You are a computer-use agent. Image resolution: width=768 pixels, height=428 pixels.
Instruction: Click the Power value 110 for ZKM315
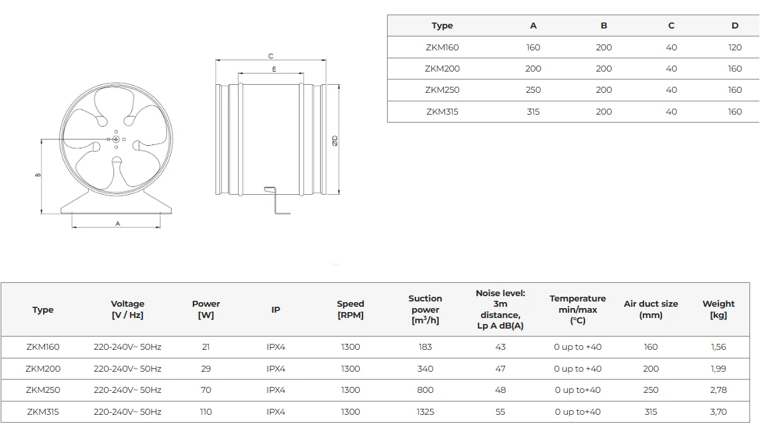(205, 412)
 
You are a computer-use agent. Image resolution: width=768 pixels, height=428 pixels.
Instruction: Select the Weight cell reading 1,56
(718, 347)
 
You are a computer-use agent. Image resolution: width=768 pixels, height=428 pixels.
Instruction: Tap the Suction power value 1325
(425, 412)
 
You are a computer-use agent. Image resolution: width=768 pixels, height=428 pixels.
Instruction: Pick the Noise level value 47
(500, 369)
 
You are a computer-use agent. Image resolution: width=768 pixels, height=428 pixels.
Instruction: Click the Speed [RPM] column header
(350, 309)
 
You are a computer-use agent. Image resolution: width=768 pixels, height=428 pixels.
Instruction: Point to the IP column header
(276, 309)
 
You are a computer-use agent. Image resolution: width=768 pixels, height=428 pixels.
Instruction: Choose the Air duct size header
(651, 309)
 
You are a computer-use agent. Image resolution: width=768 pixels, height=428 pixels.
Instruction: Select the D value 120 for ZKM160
(735, 48)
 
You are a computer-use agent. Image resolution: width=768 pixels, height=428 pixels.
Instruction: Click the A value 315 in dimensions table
(533, 112)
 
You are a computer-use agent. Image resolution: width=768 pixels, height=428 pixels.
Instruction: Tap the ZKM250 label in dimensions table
(442, 90)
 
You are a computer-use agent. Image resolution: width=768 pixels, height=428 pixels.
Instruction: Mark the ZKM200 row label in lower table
(42, 369)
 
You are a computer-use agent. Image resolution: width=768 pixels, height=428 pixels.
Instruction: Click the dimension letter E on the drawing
(274, 70)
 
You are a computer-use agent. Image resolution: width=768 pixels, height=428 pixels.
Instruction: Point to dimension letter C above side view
(271, 56)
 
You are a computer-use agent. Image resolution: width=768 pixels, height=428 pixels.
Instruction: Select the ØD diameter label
(335, 140)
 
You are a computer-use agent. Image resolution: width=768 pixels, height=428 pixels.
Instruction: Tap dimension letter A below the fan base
(117, 224)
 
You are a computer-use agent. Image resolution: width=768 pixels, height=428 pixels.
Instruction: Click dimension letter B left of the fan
(38, 175)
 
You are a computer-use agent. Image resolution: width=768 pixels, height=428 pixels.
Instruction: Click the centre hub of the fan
(116, 140)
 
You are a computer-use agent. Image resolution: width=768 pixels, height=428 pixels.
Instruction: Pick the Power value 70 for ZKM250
(205, 390)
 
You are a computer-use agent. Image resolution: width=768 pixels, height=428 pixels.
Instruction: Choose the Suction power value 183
(425, 347)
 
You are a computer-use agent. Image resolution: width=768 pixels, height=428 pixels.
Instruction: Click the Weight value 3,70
(718, 412)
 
